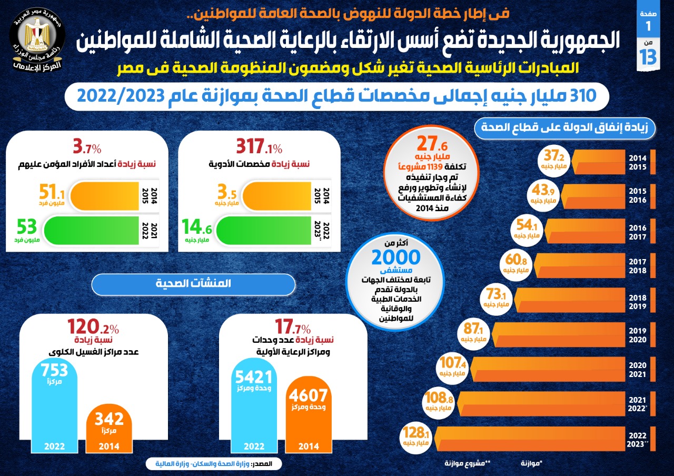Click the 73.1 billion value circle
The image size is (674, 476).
click(x=496, y=299)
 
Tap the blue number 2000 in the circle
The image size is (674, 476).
click(x=396, y=257)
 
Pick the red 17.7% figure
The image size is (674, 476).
click(x=292, y=328)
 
